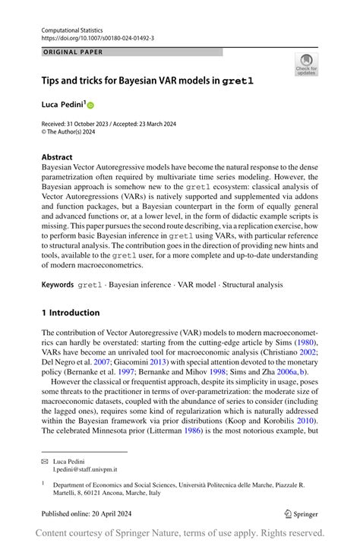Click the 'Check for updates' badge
pos(306,64)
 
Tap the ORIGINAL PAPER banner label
pos(73,52)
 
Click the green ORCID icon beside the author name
pos(90,103)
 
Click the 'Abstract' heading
pos(58,157)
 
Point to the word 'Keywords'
pos(58,284)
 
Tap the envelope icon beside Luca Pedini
pos(45,462)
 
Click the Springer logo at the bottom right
pos(302,514)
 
